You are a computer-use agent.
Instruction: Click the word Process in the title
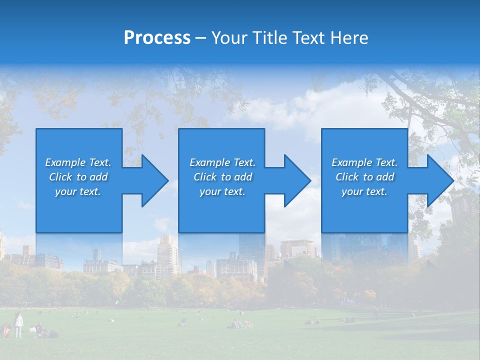157,38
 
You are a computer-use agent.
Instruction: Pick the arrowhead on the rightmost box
439,180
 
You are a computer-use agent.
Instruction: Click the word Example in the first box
65,162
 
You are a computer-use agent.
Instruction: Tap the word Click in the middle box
205,177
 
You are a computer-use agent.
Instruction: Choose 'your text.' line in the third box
364,191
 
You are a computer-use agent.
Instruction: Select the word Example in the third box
352,162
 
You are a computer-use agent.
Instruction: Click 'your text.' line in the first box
78,191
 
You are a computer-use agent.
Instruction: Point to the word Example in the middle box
210,162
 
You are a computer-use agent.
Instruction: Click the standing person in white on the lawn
18,325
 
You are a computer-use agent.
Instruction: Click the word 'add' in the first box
99,177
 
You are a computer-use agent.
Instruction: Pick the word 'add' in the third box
385,177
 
